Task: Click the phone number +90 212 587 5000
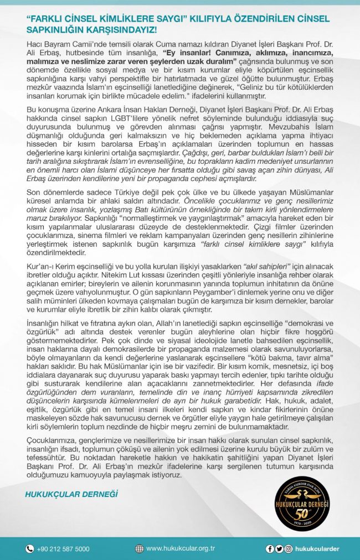click(64, 549)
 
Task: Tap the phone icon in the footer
click(29, 549)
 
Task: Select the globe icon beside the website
click(139, 549)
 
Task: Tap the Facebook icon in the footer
click(270, 549)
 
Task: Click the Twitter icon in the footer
click(279, 549)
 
